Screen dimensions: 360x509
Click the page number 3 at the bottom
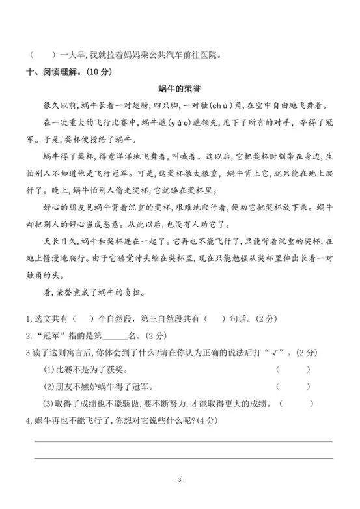(180, 480)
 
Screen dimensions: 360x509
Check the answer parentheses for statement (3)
(298, 404)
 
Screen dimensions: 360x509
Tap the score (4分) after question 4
(207, 420)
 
